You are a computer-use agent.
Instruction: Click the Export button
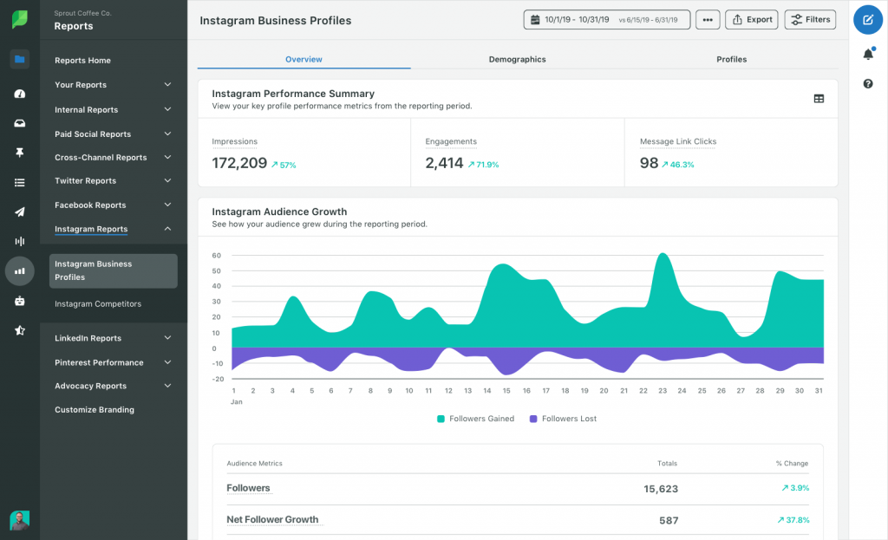tap(752, 19)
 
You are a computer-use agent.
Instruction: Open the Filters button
tap(810, 19)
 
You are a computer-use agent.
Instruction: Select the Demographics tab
tap(517, 59)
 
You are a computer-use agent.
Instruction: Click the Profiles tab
tap(731, 59)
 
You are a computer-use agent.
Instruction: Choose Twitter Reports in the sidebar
tap(85, 181)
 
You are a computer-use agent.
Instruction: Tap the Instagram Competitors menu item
tap(97, 304)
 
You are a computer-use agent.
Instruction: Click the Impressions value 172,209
tap(239, 163)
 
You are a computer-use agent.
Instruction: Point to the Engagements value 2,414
tap(444, 163)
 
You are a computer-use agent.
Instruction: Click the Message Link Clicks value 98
tap(650, 163)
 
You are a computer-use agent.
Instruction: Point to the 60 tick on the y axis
tap(216, 256)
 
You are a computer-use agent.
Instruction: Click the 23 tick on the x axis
tap(663, 391)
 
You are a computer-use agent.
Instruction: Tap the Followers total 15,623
tap(661, 489)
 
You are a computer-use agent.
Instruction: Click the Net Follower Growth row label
tap(272, 520)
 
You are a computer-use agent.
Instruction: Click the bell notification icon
tap(867, 54)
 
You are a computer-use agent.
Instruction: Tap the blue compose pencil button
tap(867, 19)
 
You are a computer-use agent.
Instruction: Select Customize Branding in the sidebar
tap(95, 410)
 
